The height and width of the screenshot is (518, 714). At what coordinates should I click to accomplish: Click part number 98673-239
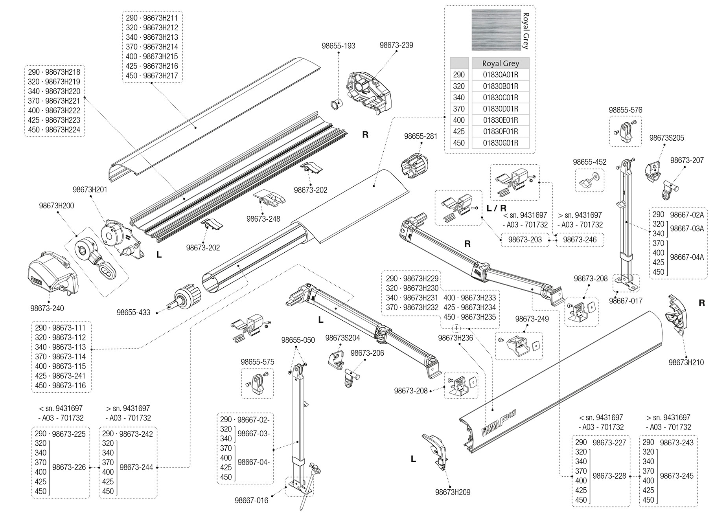coord(396,45)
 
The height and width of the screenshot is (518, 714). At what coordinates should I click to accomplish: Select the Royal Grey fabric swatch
coord(496,30)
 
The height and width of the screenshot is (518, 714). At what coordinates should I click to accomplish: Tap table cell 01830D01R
coord(500,109)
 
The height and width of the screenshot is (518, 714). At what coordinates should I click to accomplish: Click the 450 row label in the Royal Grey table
coord(459,143)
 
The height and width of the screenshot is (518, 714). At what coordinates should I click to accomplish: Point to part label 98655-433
coord(133,312)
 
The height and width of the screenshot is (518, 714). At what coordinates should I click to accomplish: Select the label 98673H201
coord(90,189)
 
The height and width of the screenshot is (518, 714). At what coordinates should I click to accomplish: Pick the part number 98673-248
coord(263,219)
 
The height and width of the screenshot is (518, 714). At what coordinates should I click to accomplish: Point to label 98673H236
coord(455,338)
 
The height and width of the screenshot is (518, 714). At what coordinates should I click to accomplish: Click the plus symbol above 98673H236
coord(456,328)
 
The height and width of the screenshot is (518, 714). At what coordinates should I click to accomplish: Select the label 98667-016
coord(251,500)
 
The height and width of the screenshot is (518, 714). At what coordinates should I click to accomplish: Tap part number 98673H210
coord(686,363)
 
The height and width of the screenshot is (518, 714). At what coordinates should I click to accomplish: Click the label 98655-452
coord(589,162)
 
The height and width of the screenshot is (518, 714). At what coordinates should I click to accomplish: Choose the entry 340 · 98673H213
coord(152,37)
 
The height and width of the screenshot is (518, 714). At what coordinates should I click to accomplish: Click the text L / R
coord(497,208)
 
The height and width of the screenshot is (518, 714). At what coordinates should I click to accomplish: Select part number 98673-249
coord(532,319)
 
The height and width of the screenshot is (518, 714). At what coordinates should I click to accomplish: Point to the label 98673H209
coord(453,492)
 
